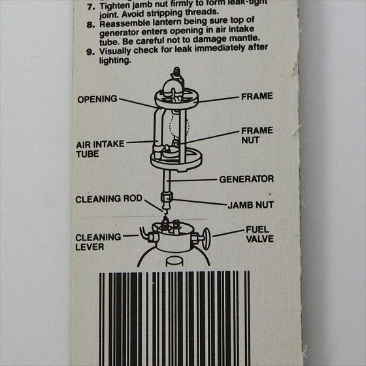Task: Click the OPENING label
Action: click(97, 99)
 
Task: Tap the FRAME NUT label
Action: click(257, 135)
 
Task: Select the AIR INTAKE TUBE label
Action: click(100, 149)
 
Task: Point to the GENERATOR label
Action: click(246, 179)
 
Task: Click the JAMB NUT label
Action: click(251, 205)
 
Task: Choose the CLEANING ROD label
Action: click(108, 199)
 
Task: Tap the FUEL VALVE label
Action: click(260, 235)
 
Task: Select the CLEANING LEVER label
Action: click(98, 242)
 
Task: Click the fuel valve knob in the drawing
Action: click(206, 239)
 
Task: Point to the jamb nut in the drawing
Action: click(167, 197)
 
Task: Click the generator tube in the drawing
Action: click(167, 181)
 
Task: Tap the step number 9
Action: click(90, 52)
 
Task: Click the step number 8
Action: click(90, 24)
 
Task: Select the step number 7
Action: click(91, 7)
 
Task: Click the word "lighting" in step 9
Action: click(115, 61)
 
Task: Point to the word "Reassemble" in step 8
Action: click(124, 24)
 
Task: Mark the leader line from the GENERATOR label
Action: click(193, 180)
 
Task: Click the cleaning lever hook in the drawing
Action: click(144, 233)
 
